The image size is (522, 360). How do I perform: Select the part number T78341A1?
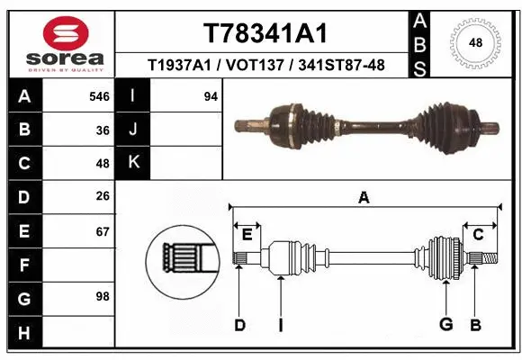[265, 33]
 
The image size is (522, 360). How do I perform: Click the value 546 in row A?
[99, 96]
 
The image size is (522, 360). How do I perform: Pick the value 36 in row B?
[103, 130]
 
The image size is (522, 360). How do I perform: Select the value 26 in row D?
[103, 197]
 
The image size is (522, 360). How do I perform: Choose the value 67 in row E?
[103, 231]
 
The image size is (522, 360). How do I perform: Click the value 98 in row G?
[103, 296]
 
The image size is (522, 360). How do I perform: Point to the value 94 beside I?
[211, 96]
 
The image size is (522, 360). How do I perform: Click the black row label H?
[24, 334]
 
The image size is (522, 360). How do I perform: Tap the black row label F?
[24, 265]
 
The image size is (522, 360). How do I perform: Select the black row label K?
[133, 163]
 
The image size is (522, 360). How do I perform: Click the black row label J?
[133, 130]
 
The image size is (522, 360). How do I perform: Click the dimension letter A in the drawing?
[364, 198]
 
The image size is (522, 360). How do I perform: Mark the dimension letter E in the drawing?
[246, 235]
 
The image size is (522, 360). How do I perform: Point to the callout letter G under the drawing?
[445, 324]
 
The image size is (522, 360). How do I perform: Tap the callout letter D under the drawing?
[239, 324]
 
